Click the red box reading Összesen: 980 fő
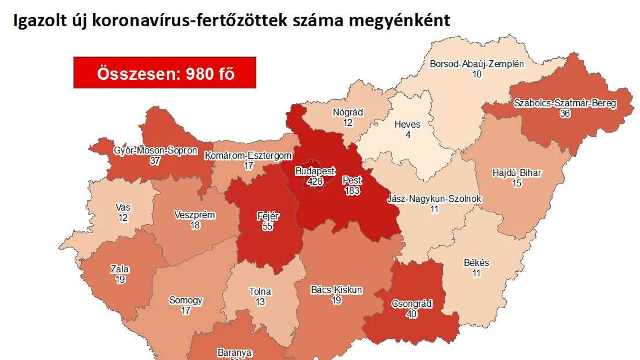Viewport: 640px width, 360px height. [165, 73]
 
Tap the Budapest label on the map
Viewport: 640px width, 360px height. [315, 171]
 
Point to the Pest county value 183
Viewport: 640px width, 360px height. [352, 191]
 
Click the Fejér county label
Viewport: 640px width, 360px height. [267, 217]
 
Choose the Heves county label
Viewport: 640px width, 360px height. [407, 124]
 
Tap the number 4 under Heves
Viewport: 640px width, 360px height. [407, 135]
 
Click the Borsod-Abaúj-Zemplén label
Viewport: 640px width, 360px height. [477, 64]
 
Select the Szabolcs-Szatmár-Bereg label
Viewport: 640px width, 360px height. [564, 103]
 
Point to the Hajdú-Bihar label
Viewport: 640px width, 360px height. [516, 173]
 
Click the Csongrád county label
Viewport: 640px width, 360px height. [411, 304]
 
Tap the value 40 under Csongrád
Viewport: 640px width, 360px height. [411, 314]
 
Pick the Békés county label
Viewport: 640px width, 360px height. [476, 263]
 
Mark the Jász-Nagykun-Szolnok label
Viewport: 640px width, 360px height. [434, 199]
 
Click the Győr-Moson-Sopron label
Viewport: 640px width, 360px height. [155, 151]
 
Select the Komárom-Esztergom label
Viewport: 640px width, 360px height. [248, 155]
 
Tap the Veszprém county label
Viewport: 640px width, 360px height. [195, 215]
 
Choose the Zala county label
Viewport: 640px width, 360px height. [120, 269]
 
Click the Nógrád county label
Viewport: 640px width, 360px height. [348, 113]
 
